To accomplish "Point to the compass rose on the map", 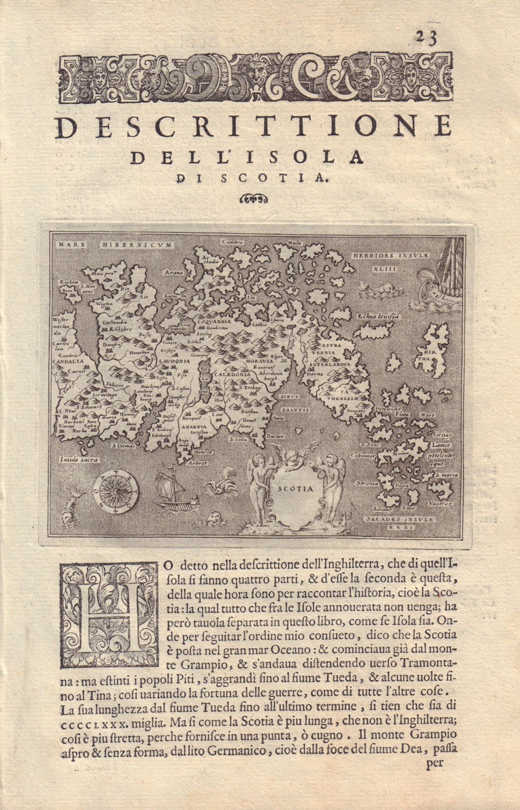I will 115,492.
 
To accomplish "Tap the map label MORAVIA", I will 260,363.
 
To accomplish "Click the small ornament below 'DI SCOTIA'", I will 255,198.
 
